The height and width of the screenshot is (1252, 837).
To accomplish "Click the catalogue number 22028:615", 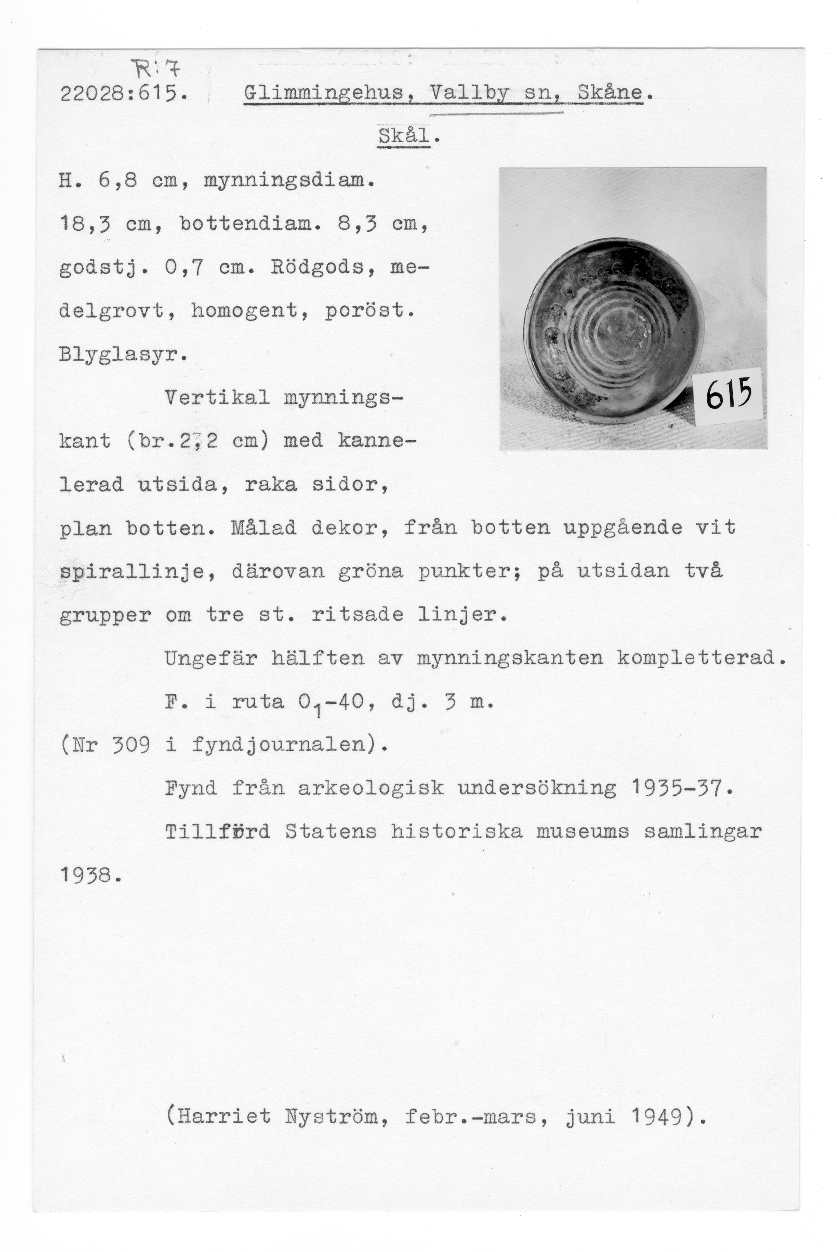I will [123, 94].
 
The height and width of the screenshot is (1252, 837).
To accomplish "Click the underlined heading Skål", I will [404, 136].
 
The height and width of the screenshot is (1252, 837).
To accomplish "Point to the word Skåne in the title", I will [610, 93].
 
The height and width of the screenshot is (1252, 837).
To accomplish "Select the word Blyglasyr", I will [123, 354].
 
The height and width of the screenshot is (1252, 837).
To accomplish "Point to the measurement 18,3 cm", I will [110, 224].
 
